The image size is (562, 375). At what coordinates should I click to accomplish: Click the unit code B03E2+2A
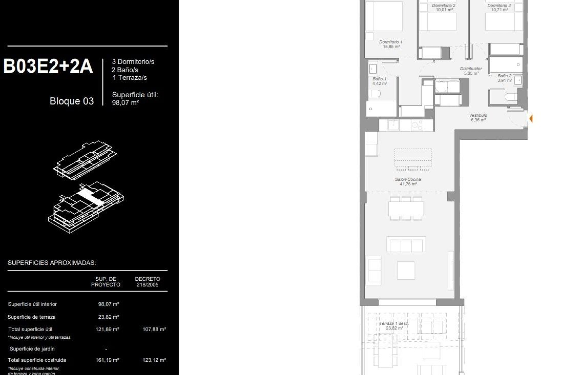48,66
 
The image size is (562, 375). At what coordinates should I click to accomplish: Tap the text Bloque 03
72,101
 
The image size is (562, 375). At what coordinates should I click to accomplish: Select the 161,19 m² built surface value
107,360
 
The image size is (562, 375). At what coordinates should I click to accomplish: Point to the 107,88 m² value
154,329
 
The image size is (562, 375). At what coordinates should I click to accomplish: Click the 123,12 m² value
154,360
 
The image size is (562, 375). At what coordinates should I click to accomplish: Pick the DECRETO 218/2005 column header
148,282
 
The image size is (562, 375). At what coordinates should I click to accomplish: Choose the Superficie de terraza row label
32,317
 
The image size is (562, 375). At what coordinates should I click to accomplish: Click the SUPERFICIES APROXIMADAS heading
52,263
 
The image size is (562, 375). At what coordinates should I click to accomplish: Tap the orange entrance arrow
531,119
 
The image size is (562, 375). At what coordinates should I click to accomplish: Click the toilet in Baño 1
374,94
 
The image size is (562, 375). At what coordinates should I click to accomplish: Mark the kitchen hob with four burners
417,125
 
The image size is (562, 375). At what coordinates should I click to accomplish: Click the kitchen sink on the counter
393,125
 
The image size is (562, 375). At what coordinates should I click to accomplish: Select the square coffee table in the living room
406,270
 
